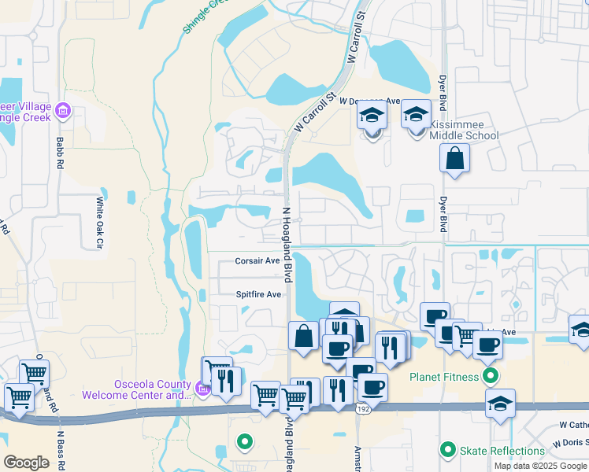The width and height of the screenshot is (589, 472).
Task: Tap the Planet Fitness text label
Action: (443, 377)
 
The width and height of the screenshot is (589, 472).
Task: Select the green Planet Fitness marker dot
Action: (491, 376)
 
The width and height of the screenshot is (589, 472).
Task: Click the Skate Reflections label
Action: (502, 451)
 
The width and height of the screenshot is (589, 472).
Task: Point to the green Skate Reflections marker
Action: (448, 450)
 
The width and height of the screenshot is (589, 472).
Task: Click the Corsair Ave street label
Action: (257, 260)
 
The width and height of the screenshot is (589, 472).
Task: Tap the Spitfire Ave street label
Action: (258, 294)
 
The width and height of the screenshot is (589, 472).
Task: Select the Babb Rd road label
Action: (60, 153)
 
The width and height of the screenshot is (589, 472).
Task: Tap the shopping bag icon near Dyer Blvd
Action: (455, 158)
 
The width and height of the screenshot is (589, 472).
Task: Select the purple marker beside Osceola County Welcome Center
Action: (202, 389)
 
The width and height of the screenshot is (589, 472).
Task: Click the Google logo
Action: (27, 463)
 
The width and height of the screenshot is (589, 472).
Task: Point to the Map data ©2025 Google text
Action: (541, 466)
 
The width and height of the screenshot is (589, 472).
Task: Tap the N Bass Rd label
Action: (60, 448)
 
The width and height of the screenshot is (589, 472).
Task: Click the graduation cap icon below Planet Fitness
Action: (500, 403)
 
